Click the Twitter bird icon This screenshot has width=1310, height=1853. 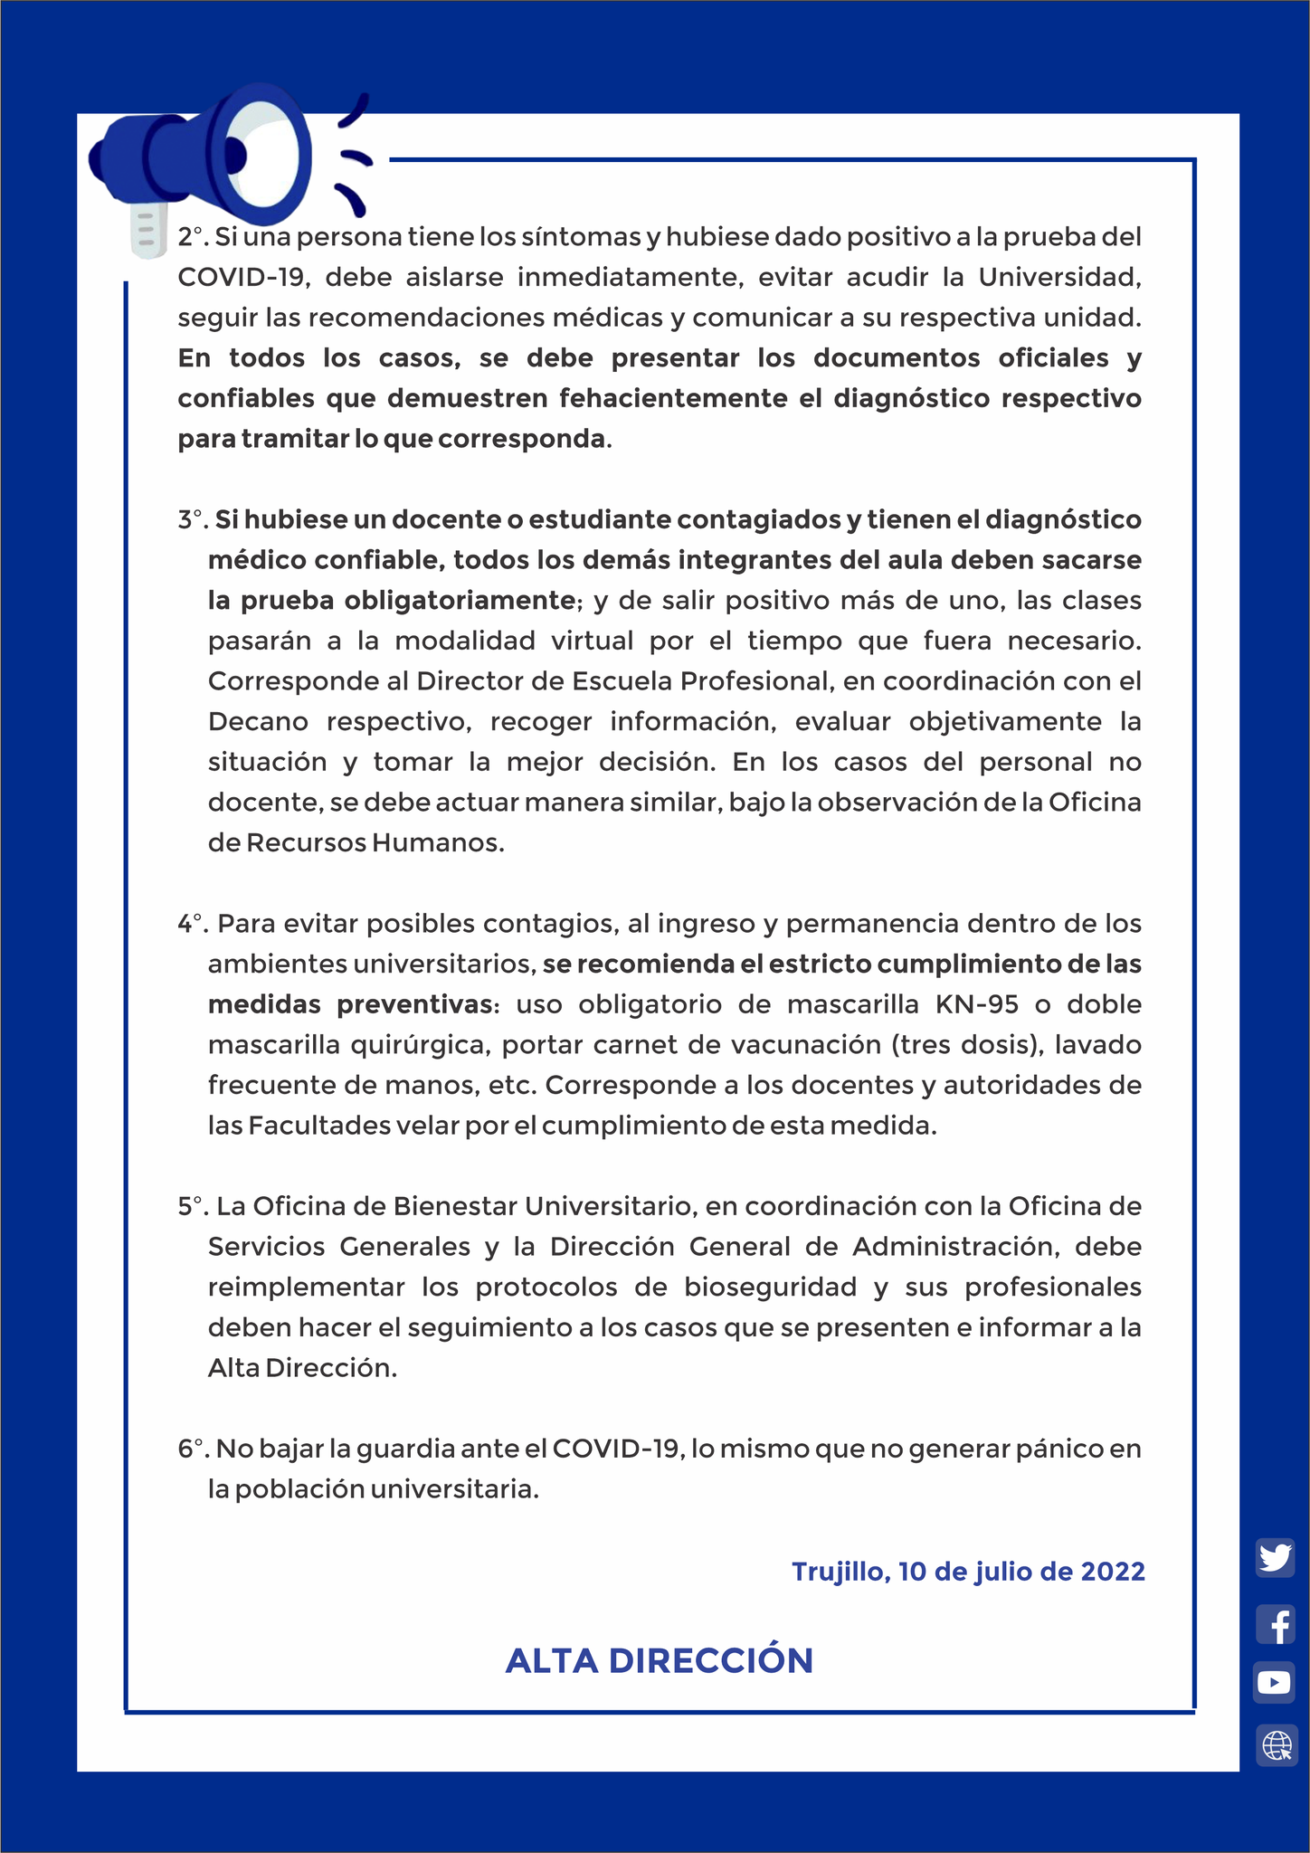[x=1276, y=1558]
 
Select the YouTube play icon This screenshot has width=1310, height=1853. [x=1275, y=1683]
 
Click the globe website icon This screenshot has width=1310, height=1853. [x=1277, y=1745]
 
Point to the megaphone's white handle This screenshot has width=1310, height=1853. [x=148, y=232]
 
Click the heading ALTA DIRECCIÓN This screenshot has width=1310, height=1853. [x=660, y=1661]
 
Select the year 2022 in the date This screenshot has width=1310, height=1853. [x=1113, y=1572]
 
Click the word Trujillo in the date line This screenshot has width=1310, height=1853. [x=838, y=1572]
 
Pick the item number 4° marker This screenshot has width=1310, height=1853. [x=192, y=924]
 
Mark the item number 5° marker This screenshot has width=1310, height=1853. [x=192, y=1207]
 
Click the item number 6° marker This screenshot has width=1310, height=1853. [x=192, y=1449]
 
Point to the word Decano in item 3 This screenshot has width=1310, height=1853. [x=258, y=722]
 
